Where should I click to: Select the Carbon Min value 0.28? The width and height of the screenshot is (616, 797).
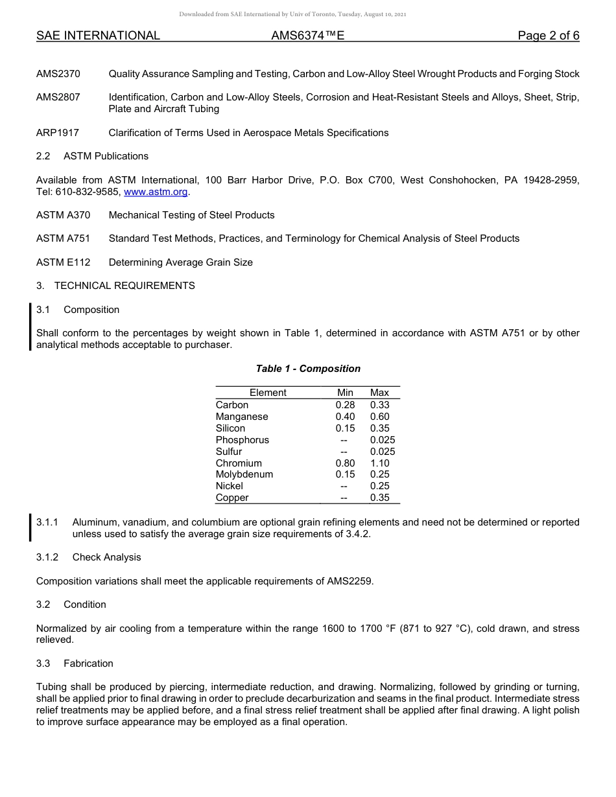coord(345,405)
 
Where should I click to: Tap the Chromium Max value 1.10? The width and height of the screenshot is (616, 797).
coord(379,463)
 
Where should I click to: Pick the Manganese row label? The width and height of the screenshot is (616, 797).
coord(241,417)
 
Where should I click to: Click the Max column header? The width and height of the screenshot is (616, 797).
coord(379,393)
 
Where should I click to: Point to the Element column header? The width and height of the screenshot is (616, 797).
coord(268,393)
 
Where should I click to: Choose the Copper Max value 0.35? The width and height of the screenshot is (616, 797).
coord(379,498)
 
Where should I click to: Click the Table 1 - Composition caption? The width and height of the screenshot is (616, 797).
coord(308,369)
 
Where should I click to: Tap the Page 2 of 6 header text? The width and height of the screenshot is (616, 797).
coord(548,36)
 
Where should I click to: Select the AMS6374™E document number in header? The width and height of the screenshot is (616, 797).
coord(307,36)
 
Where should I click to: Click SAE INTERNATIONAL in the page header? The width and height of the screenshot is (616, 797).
coord(98,36)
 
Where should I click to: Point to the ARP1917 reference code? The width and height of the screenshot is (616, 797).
coord(58,133)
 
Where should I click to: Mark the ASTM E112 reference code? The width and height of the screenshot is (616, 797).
coord(63,262)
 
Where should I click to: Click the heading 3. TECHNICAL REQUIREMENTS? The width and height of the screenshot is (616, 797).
coord(115,286)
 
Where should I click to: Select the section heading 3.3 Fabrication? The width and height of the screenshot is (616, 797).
coord(75,664)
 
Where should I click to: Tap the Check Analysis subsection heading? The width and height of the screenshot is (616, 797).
coord(106,557)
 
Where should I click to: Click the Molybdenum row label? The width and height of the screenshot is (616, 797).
coord(244,474)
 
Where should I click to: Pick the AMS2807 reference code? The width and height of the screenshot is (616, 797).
coord(58,97)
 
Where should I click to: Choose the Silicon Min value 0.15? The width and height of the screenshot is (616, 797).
coord(345,428)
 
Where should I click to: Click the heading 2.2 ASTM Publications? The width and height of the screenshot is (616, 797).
coord(92,156)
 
